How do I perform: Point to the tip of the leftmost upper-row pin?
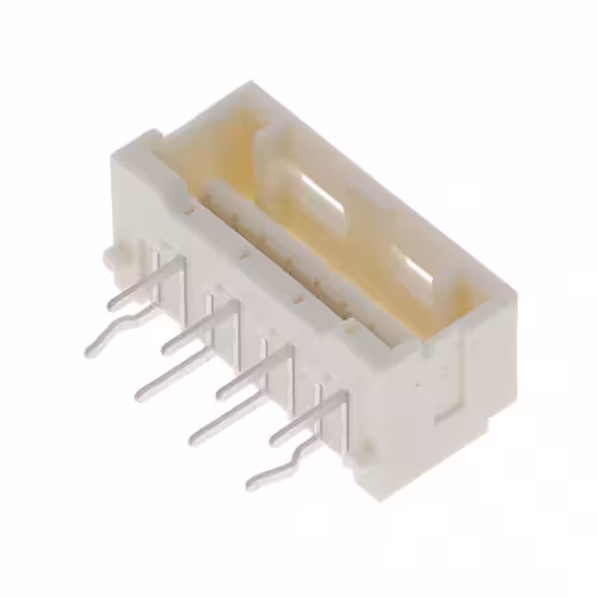(112, 304)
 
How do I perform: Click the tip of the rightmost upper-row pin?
(276, 437)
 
